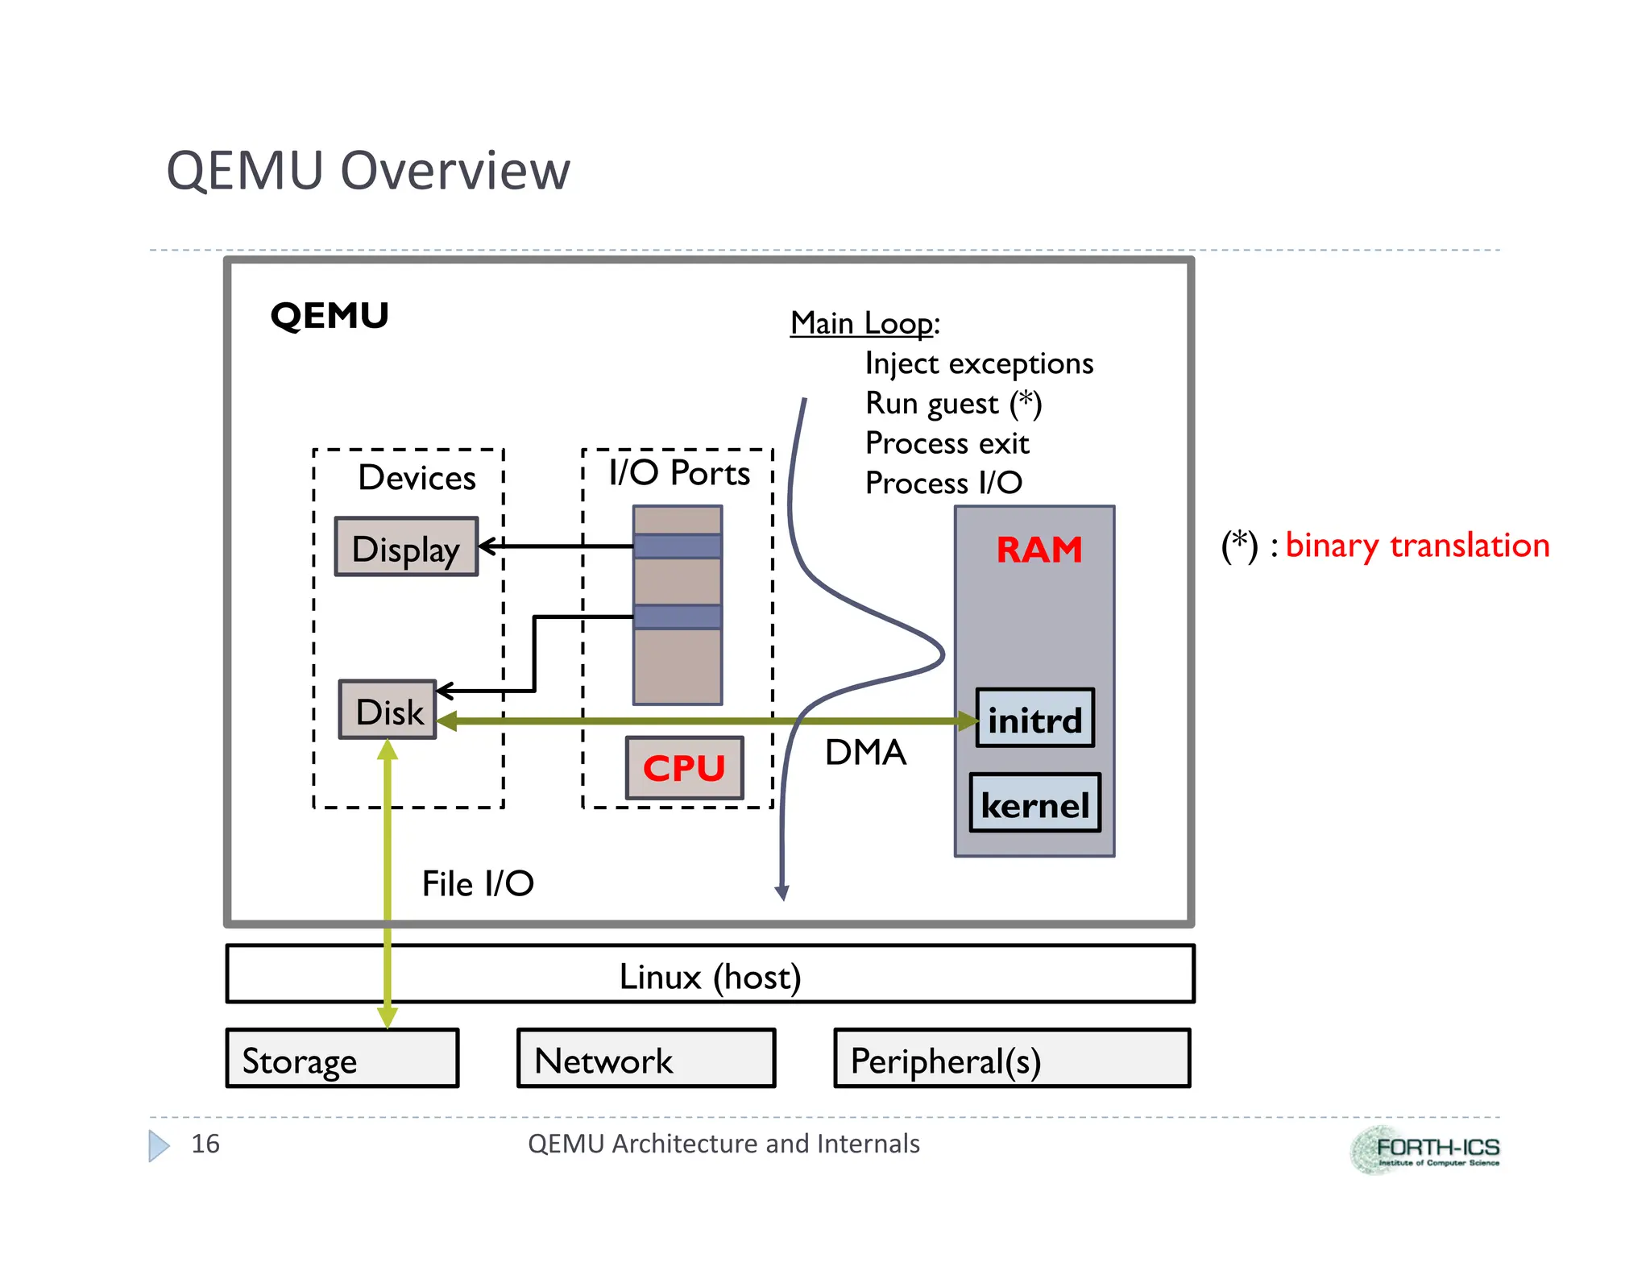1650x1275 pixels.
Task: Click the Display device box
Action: tap(406, 547)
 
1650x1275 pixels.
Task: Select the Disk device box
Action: tap(388, 710)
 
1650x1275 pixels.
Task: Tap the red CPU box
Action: tap(684, 768)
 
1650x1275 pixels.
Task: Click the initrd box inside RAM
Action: tap(1034, 718)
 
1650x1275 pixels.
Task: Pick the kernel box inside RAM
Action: tap(1034, 804)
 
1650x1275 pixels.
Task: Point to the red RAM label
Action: tap(1039, 550)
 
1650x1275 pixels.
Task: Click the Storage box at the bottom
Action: tap(342, 1058)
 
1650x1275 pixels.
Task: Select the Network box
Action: tap(645, 1058)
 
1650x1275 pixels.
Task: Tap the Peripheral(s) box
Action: tap(1011, 1058)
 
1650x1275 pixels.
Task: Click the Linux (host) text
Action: tap(710, 976)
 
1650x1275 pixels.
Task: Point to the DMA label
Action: tap(865, 752)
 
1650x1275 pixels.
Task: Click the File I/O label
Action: tap(478, 883)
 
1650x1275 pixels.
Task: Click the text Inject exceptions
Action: tap(978, 363)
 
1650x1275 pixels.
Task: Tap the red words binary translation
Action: tap(1416, 546)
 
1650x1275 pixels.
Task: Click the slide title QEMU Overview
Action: tap(368, 171)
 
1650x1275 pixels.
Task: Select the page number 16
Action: tap(205, 1144)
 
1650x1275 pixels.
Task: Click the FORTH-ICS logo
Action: tap(1424, 1149)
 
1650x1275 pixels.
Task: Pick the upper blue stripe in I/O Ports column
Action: tap(677, 546)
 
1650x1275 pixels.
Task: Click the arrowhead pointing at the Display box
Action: tap(486, 546)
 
